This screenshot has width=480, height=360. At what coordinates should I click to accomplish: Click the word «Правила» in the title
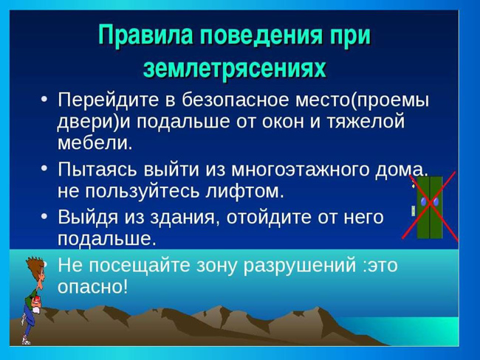click(x=145, y=36)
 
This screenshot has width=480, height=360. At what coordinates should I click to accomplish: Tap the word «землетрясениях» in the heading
click(x=235, y=68)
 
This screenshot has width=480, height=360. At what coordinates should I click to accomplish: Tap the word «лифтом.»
click(x=244, y=191)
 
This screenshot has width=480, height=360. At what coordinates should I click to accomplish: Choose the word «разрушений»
click(x=300, y=265)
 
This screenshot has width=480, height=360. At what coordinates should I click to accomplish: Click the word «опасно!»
click(x=92, y=287)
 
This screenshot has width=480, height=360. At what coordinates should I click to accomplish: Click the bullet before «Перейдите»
click(x=44, y=100)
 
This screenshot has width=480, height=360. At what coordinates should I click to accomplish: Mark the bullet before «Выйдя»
click(x=44, y=217)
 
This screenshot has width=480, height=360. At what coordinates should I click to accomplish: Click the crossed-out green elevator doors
click(x=430, y=207)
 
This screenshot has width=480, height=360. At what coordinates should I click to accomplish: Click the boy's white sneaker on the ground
click(x=26, y=340)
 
